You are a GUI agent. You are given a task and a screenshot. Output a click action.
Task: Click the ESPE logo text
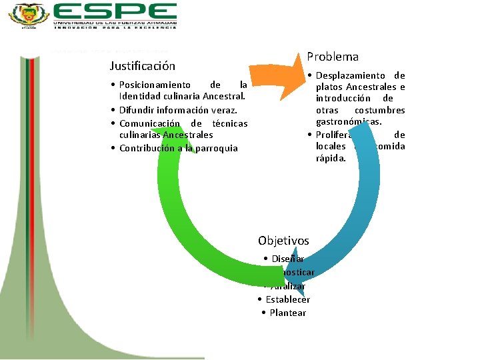point(115,11)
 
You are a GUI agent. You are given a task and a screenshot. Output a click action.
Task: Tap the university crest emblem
point(29,15)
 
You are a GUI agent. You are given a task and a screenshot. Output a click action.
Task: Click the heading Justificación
point(142,66)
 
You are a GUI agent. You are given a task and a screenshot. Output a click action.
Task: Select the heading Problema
point(333,57)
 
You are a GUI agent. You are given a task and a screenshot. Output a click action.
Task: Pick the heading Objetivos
point(283,241)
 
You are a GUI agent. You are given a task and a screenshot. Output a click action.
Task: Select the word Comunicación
point(149,123)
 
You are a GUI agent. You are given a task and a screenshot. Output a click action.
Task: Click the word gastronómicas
point(349,122)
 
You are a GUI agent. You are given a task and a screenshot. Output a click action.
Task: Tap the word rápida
point(331,158)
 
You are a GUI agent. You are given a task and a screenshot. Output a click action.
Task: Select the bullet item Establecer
point(287,299)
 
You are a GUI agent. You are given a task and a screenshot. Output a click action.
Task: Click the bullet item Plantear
point(287,313)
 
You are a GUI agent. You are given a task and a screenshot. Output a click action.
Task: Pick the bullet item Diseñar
point(287,259)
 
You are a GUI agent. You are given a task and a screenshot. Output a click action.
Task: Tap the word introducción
point(344,99)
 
